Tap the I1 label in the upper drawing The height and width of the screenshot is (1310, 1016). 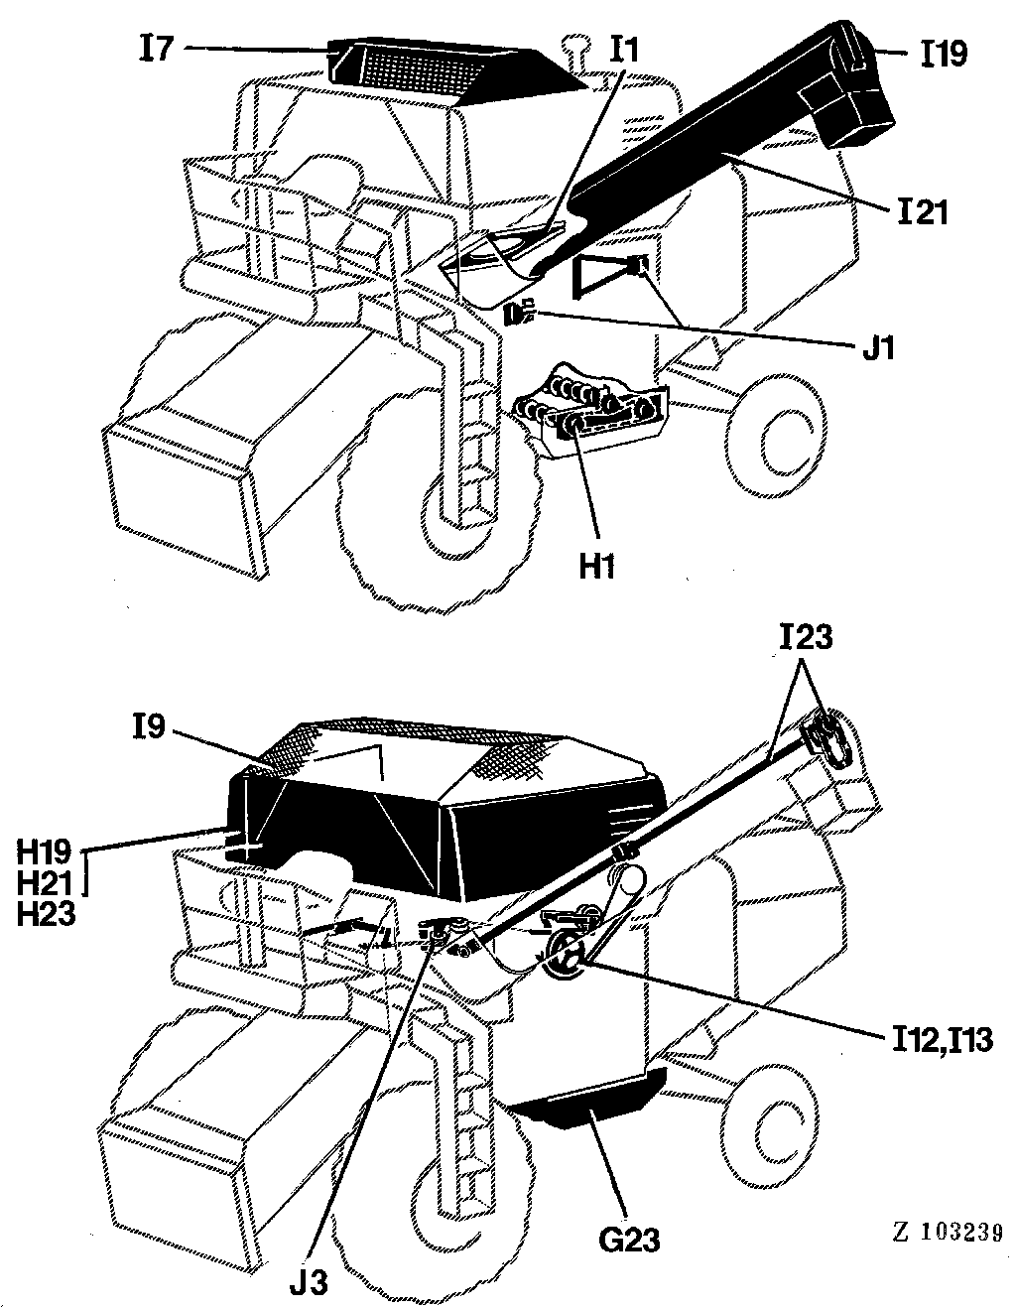(624, 51)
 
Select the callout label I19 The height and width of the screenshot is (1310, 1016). (944, 54)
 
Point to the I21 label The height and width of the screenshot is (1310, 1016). (923, 212)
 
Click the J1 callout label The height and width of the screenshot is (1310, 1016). (879, 348)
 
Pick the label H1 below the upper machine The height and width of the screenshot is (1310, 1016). (597, 567)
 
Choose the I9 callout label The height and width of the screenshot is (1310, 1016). (148, 728)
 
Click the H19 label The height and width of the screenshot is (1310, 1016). (44, 852)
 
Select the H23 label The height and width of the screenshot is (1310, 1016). (46, 914)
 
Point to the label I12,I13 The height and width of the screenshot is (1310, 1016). (942, 1040)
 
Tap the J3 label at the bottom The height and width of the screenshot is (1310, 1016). (310, 1282)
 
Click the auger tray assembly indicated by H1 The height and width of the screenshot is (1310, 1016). (589, 410)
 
